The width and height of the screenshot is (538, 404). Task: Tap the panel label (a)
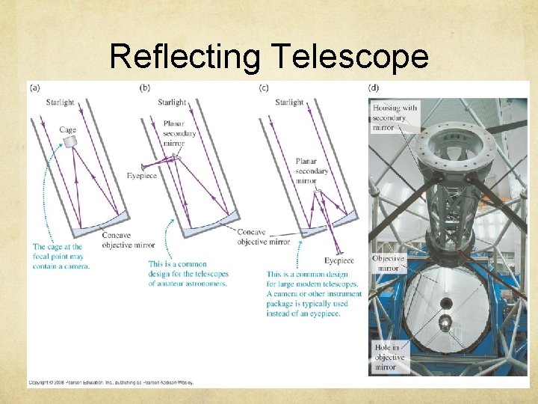(36, 88)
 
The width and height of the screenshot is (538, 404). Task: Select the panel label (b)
(145, 88)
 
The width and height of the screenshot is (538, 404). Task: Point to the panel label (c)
(264, 88)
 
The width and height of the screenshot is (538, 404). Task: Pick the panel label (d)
(373, 88)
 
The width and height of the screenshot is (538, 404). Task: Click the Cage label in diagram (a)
(67, 130)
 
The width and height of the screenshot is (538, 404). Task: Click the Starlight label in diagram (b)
(172, 102)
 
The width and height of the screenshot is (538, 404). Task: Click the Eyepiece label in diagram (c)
(339, 260)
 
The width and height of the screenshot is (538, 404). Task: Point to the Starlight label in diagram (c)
(289, 102)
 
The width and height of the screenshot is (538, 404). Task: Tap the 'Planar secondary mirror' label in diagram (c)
(311, 171)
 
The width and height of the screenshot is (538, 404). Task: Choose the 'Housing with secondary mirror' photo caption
(395, 117)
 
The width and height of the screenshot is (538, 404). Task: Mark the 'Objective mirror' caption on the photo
(389, 263)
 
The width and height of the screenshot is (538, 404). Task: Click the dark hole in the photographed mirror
(445, 304)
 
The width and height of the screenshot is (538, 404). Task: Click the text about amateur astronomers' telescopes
(187, 274)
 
